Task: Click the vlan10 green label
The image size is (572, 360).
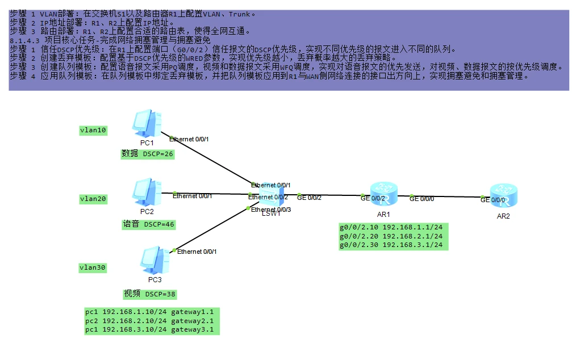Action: [x=94, y=131]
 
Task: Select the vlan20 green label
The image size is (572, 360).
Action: [x=94, y=199]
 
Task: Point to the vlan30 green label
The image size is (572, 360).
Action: [x=94, y=267]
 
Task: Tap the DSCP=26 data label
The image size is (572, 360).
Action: [x=148, y=154]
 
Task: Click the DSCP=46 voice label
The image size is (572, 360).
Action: [x=149, y=224]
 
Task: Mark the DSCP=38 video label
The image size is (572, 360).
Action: [x=150, y=294]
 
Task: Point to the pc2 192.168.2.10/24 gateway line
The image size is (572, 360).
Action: [x=151, y=321]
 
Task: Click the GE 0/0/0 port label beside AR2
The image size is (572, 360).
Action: [x=492, y=200]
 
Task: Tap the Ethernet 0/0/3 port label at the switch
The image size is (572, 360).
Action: [x=271, y=210]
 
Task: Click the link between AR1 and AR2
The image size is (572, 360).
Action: [x=449, y=196]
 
